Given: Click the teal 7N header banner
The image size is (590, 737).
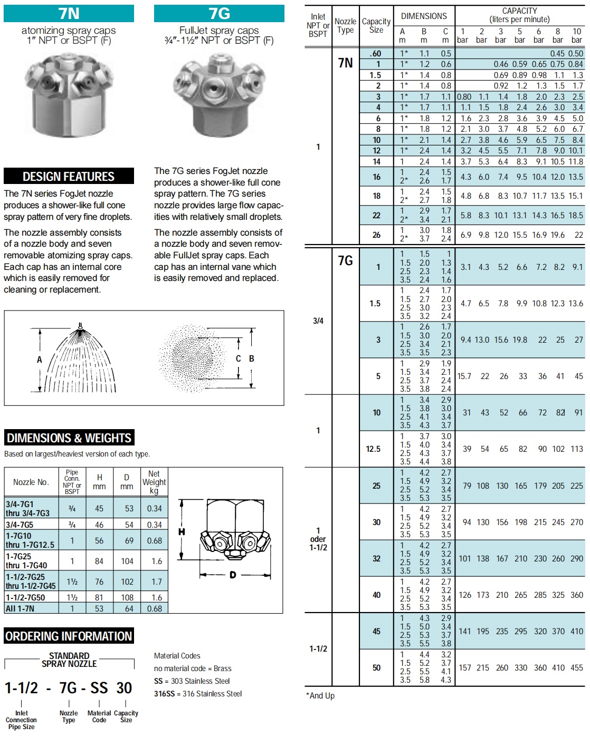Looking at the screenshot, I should point(69,13).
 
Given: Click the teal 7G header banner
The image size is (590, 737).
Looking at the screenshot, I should point(219,13).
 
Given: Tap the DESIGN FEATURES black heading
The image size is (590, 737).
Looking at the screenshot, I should point(69,176).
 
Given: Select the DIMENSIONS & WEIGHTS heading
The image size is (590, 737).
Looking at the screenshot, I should point(69,438).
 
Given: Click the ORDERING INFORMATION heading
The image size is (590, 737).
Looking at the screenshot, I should point(69,636).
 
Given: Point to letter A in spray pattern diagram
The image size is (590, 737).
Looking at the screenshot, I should point(39,360).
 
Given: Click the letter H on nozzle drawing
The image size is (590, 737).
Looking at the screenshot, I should point(182,532).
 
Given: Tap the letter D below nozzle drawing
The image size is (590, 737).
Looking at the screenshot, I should point(232,575).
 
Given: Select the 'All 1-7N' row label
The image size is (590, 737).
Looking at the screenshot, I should point(20,608).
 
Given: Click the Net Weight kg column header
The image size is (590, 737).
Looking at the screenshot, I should point(154,482).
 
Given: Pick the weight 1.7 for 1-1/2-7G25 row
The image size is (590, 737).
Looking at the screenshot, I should point(156,581).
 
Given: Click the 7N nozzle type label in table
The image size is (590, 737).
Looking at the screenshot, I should point(345,63).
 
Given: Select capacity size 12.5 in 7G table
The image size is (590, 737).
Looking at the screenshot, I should point(373,449).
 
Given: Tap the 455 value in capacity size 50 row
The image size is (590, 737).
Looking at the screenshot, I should point(577,667).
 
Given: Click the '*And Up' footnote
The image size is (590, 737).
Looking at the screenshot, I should point(320,695).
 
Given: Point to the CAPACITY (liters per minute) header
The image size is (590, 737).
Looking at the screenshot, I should point(520,15).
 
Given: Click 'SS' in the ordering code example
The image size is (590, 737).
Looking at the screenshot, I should point(99,687).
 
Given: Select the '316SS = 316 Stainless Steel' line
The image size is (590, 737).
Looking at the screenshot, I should point(198,694).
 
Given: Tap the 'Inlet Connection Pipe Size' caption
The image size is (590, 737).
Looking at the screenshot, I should point(21,720).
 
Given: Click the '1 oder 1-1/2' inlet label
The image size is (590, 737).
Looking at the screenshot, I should point(318,539).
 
